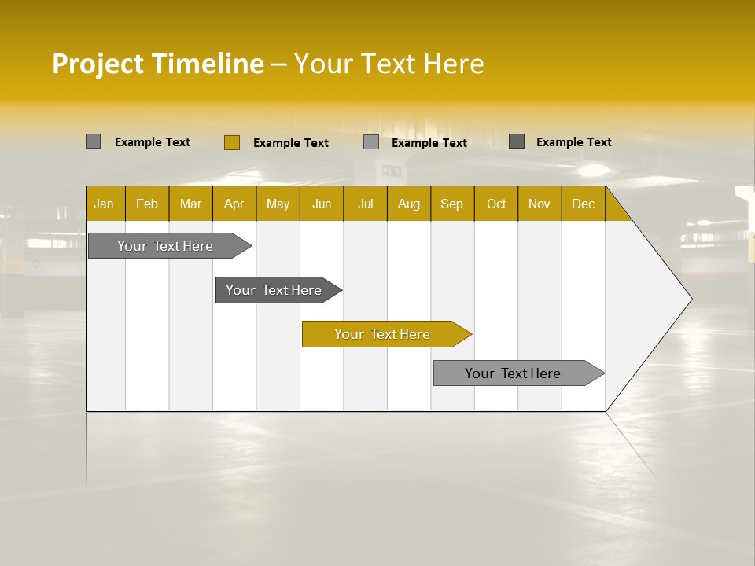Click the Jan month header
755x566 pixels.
(x=104, y=204)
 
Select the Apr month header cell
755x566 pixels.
(x=234, y=204)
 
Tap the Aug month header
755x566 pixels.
(x=408, y=204)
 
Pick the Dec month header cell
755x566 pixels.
(x=583, y=204)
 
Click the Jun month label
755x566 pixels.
(x=321, y=204)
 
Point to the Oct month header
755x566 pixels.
(x=495, y=204)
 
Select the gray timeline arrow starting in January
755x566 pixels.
(x=165, y=246)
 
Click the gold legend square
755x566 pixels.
(x=231, y=142)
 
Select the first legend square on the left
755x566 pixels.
(x=93, y=141)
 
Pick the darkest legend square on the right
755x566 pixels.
(x=516, y=141)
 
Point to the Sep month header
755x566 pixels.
(x=451, y=204)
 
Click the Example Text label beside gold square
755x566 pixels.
(x=291, y=143)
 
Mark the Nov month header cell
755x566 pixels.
(x=539, y=204)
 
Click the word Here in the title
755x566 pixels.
(x=454, y=64)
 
